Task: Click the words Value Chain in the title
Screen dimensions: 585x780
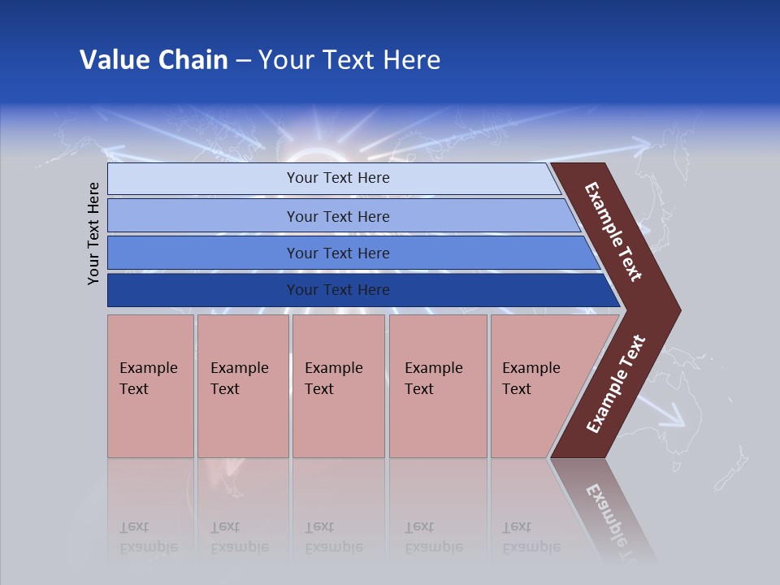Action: point(154,59)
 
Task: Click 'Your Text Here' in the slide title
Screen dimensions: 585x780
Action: point(349,59)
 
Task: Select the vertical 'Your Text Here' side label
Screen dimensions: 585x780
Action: point(93,233)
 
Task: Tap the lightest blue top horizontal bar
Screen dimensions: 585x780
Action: point(337,178)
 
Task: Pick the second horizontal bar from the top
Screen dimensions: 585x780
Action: point(337,216)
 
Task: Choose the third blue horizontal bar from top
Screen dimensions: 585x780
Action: point(337,253)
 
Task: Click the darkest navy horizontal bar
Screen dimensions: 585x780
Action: point(337,290)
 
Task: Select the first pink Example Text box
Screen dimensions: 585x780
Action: point(150,386)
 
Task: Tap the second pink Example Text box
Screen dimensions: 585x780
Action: point(242,386)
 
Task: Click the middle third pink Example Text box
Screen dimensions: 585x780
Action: point(338,386)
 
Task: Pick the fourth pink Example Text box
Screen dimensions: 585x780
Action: point(437,386)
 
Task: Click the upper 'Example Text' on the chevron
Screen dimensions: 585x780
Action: point(614,231)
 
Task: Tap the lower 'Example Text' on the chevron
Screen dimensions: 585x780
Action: point(615,383)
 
